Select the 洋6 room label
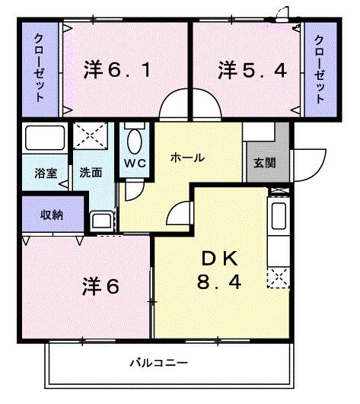point(100,287)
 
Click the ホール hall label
point(186,157)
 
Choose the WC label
point(135,162)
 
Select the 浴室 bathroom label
point(44,173)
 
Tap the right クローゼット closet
point(319,69)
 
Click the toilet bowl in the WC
point(135,142)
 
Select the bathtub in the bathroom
point(45,139)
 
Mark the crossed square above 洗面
point(92,139)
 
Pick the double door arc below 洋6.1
point(186,107)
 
